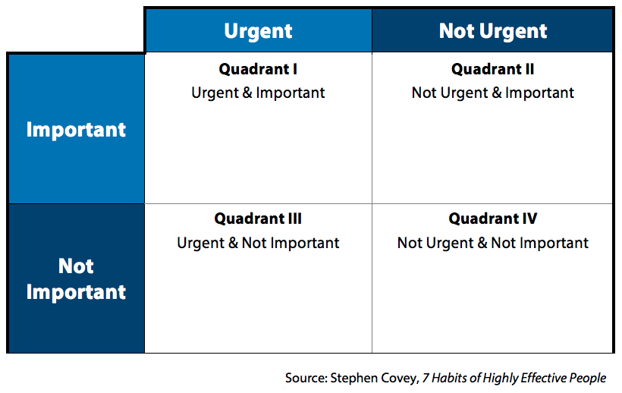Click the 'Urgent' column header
258,31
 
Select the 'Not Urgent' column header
493,31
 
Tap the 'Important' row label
76,130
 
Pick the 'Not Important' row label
76,279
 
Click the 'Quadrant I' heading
258,69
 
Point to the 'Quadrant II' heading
493,69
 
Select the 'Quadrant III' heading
258,219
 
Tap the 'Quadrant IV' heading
493,219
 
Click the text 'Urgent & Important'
258,93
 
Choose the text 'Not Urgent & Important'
493,93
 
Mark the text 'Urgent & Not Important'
258,244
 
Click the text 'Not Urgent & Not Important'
493,244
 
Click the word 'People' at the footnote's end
589,378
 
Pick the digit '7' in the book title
426,378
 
